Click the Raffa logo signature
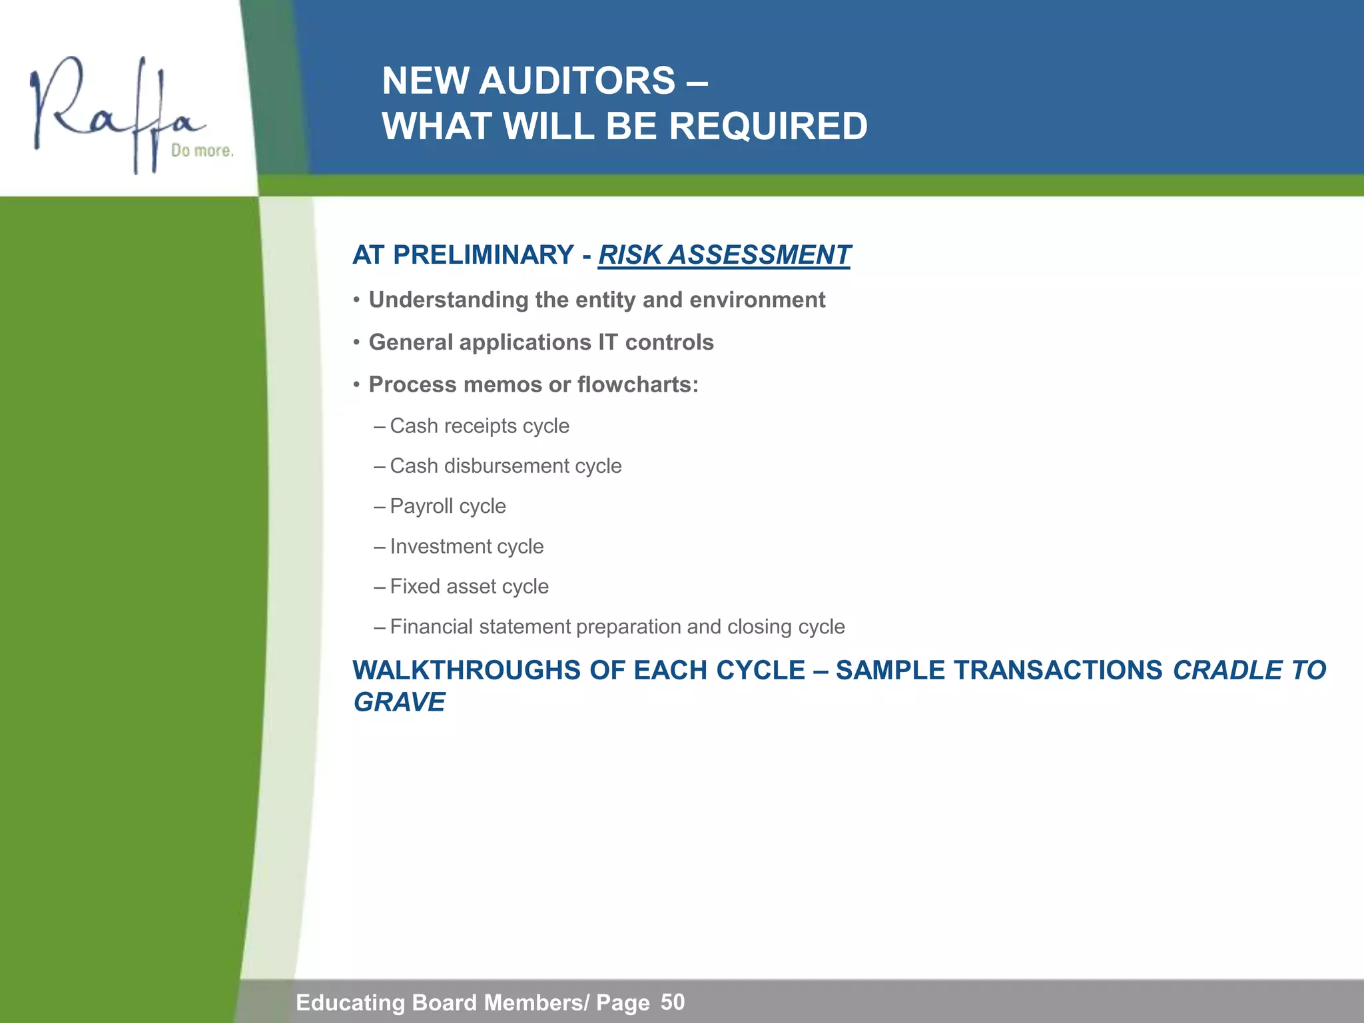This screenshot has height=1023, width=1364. [113, 110]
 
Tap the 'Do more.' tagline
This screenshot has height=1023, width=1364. [202, 151]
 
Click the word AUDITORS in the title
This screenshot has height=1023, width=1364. [577, 81]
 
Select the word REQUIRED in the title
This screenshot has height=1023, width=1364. [768, 126]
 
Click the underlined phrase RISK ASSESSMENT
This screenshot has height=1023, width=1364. [724, 255]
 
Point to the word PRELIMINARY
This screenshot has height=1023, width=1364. [483, 255]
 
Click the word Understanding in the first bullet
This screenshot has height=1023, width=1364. [448, 300]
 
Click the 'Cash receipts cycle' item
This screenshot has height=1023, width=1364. [479, 426]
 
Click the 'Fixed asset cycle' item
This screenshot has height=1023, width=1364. [469, 587]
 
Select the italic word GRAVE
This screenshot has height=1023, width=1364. [399, 703]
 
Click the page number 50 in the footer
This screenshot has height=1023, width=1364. [672, 1002]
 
